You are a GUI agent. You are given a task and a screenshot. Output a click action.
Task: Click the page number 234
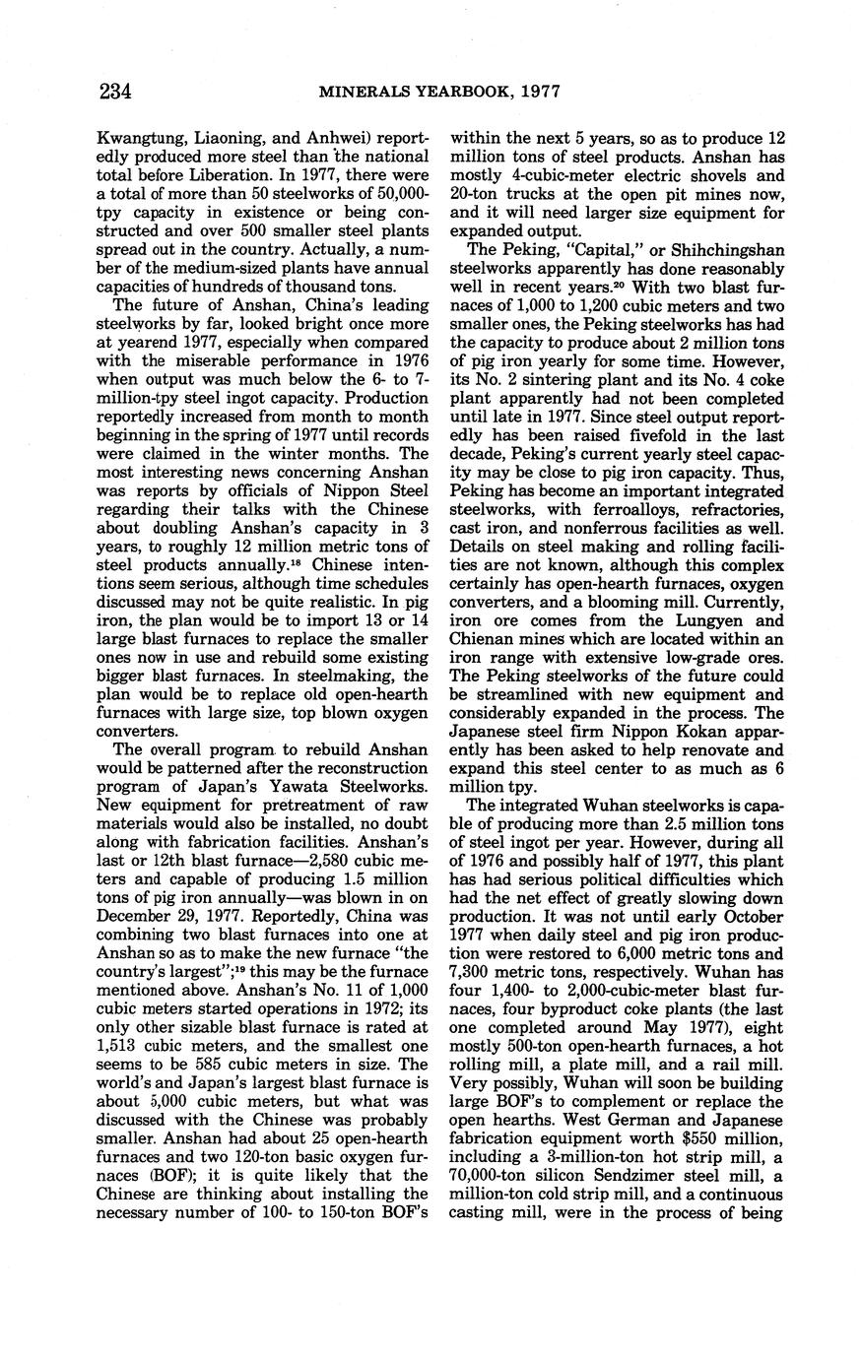pos(115,92)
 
